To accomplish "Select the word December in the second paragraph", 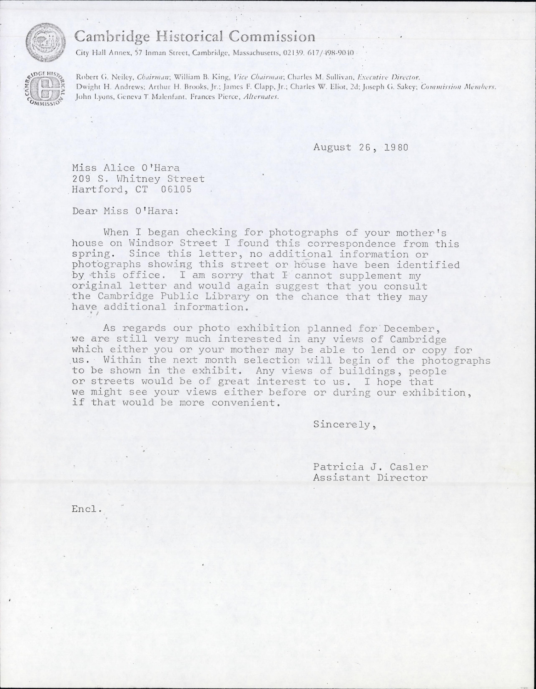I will click(x=409, y=329).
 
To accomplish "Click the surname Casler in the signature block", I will click(x=410, y=467).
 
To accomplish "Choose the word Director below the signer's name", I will click(x=403, y=478).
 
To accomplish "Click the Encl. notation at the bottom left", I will click(x=86, y=509).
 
